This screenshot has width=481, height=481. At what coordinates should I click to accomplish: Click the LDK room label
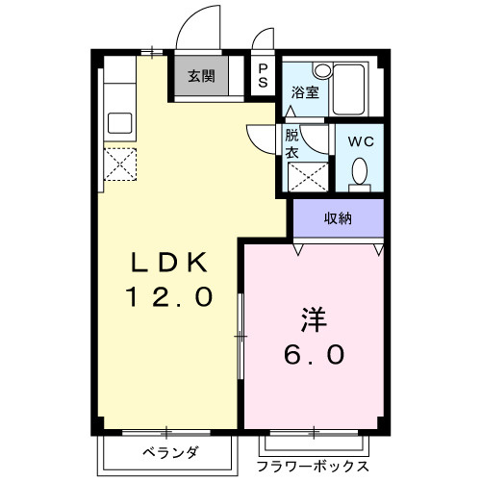[169, 263]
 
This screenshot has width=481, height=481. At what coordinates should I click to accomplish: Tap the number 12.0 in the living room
[169, 296]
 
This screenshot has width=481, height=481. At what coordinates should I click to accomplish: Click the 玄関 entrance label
[201, 77]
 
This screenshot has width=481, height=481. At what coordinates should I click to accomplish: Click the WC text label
[360, 139]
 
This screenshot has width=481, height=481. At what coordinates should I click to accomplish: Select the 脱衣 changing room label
[292, 144]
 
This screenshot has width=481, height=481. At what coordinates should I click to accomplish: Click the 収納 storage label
[337, 217]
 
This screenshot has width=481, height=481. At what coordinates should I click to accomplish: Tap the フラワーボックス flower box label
[313, 467]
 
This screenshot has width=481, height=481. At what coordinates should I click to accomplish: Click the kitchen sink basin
[122, 122]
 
